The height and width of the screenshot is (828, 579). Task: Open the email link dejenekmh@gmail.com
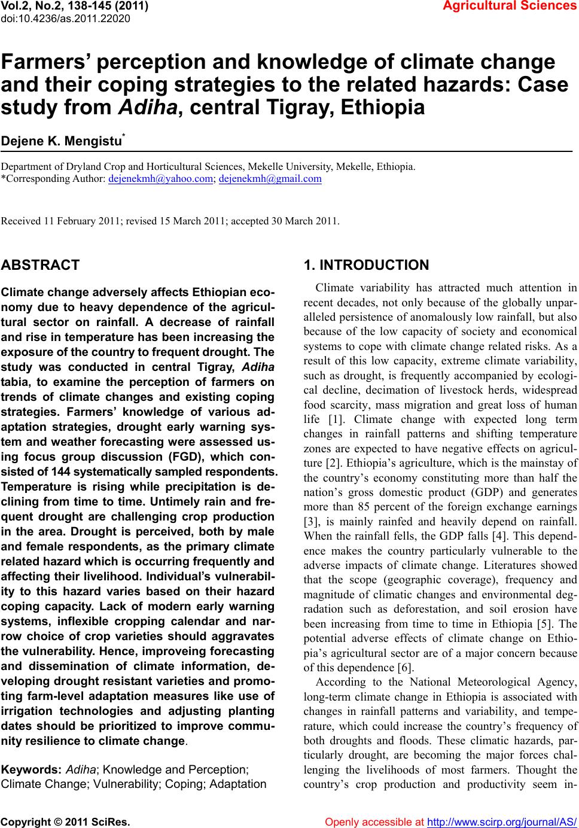tap(270, 178)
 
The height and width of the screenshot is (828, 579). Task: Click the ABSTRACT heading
tap(41, 265)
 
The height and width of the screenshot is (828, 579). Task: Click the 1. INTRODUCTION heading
tap(366, 265)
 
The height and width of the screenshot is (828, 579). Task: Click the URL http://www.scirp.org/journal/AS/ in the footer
tap(502, 822)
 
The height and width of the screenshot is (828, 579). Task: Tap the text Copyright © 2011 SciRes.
tap(66, 822)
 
